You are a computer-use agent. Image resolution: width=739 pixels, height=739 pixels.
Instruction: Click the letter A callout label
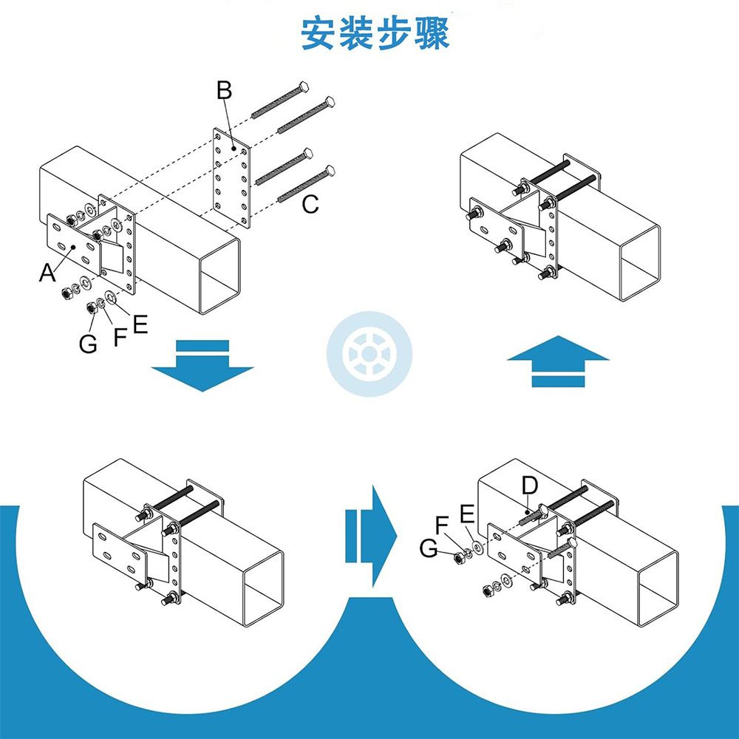(x=48, y=273)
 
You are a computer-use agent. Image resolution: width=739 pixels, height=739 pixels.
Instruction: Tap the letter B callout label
(x=225, y=91)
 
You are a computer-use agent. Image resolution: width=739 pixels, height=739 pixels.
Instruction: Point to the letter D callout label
(x=529, y=486)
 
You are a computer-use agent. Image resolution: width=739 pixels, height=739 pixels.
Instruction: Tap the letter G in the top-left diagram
(x=88, y=344)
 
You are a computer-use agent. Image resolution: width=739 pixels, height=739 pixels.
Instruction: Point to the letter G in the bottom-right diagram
(x=428, y=548)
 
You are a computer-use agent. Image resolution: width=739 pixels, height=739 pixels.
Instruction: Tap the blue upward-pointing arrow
(x=558, y=361)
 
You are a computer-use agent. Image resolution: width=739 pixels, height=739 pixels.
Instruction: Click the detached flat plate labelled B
(x=233, y=177)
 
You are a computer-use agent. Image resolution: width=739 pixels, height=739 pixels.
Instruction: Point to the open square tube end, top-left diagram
(x=219, y=276)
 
